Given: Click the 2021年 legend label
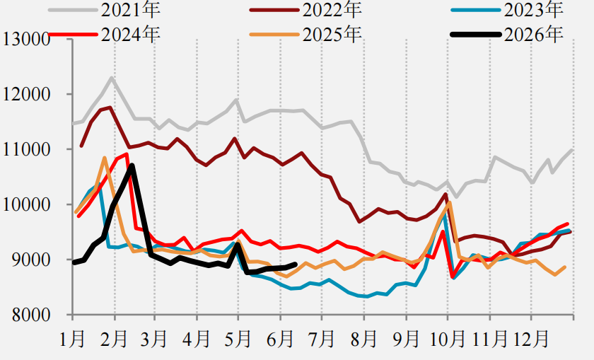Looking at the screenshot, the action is [x=130, y=9].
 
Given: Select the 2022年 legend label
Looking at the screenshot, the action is [x=332, y=9].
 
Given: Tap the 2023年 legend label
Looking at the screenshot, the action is [x=533, y=9].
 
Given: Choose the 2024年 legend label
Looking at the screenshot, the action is [x=130, y=35].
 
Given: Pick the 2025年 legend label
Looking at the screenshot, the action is [x=332, y=35].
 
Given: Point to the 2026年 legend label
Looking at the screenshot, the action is [x=533, y=35].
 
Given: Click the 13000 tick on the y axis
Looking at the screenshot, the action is [x=27, y=39].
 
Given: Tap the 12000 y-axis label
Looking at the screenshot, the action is [x=27, y=94].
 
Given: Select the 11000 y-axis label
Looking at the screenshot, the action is [x=27, y=149].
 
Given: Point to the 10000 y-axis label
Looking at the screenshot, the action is [x=27, y=204].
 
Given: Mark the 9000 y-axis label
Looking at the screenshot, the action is [x=31, y=260].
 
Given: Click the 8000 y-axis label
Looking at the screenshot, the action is [x=31, y=315].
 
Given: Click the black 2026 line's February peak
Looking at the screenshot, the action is [x=132, y=166].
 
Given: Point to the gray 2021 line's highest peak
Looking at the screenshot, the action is [x=112, y=78].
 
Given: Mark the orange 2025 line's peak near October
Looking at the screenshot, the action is [x=449, y=203].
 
